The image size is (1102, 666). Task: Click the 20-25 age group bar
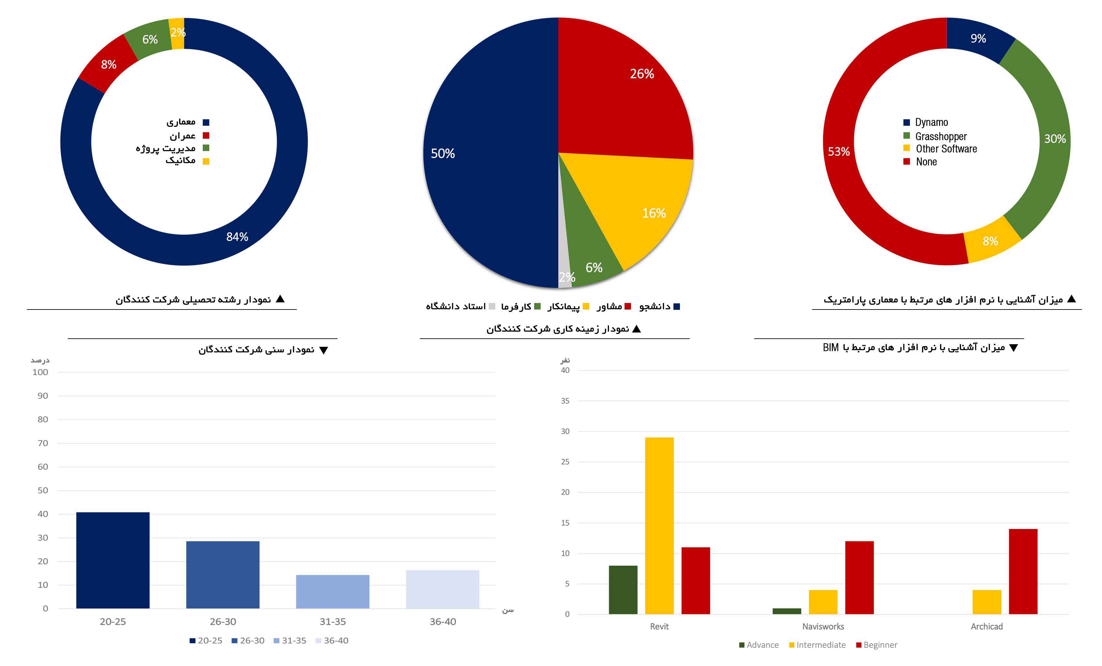pos(113,560)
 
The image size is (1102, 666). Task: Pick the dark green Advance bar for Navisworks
pos(787,611)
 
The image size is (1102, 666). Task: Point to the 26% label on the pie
pos(642,74)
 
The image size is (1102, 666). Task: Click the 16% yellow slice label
pos(654,213)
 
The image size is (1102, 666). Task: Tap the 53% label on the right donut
pos(839,152)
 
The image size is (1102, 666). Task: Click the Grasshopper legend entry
pos(941,136)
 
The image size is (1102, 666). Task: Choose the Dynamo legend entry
pos(931,122)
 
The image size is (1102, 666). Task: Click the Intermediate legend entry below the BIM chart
pos(821,645)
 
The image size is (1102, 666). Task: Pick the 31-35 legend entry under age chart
pos(293,640)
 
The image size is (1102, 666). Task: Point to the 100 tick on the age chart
pos(40,372)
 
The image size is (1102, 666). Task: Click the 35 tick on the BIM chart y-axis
pos(565,401)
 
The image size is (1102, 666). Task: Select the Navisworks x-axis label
pos(823,626)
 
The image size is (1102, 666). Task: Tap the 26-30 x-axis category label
pos(223,622)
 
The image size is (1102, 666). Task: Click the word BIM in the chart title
pos(831,348)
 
